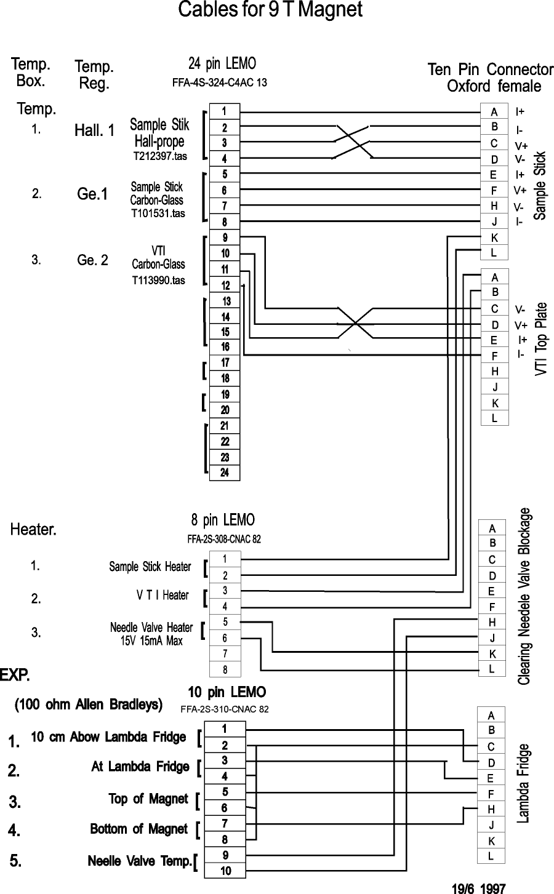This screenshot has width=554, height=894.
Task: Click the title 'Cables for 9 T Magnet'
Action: pyautogui.click(x=270, y=10)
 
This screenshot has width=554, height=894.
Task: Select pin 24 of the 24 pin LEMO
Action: pyautogui.click(x=225, y=473)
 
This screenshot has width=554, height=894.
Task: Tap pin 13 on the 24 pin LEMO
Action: pyautogui.click(x=226, y=301)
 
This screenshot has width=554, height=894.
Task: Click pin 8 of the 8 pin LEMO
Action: pyautogui.click(x=225, y=669)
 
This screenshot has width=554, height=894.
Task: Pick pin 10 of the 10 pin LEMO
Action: pyautogui.click(x=225, y=871)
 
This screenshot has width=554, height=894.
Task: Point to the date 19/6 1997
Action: pyautogui.click(x=478, y=888)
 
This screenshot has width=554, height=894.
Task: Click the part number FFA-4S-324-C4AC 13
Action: pyautogui.click(x=220, y=82)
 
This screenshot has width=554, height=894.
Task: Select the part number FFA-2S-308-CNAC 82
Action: pyautogui.click(x=224, y=539)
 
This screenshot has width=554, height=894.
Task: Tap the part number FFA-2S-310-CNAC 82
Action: pyautogui.click(x=224, y=709)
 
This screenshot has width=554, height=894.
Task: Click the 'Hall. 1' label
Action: pyautogui.click(x=94, y=130)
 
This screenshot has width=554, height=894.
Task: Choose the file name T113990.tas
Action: pyautogui.click(x=158, y=281)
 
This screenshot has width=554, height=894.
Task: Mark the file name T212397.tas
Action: pyautogui.click(x=160, y=156)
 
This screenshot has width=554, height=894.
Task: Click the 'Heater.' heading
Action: pyautogui.click(x=34, y=529)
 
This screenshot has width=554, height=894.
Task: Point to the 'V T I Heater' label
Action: pyautogui.click(x=163, y=595)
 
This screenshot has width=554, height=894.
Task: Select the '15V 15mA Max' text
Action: pyautogui.click(x=151, y=641)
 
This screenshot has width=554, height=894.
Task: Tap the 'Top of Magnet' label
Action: pyautogui.click(x=148, y=799)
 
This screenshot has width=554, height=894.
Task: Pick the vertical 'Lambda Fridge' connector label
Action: pyautogui.click(x=523, y=783)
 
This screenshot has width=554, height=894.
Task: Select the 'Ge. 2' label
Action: pyautogui.click(x=92, y=260)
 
